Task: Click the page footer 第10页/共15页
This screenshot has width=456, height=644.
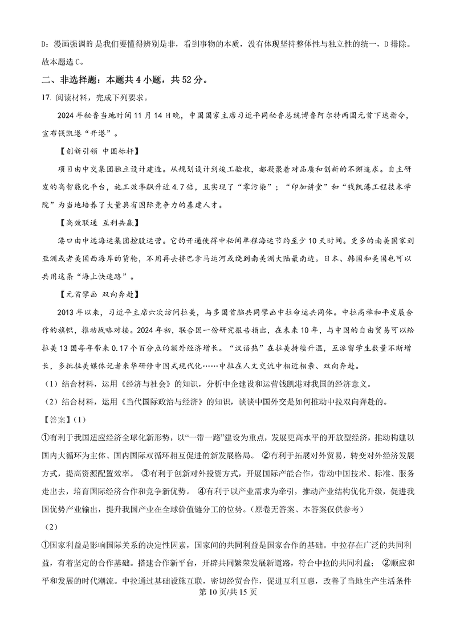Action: tap(227, 626)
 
